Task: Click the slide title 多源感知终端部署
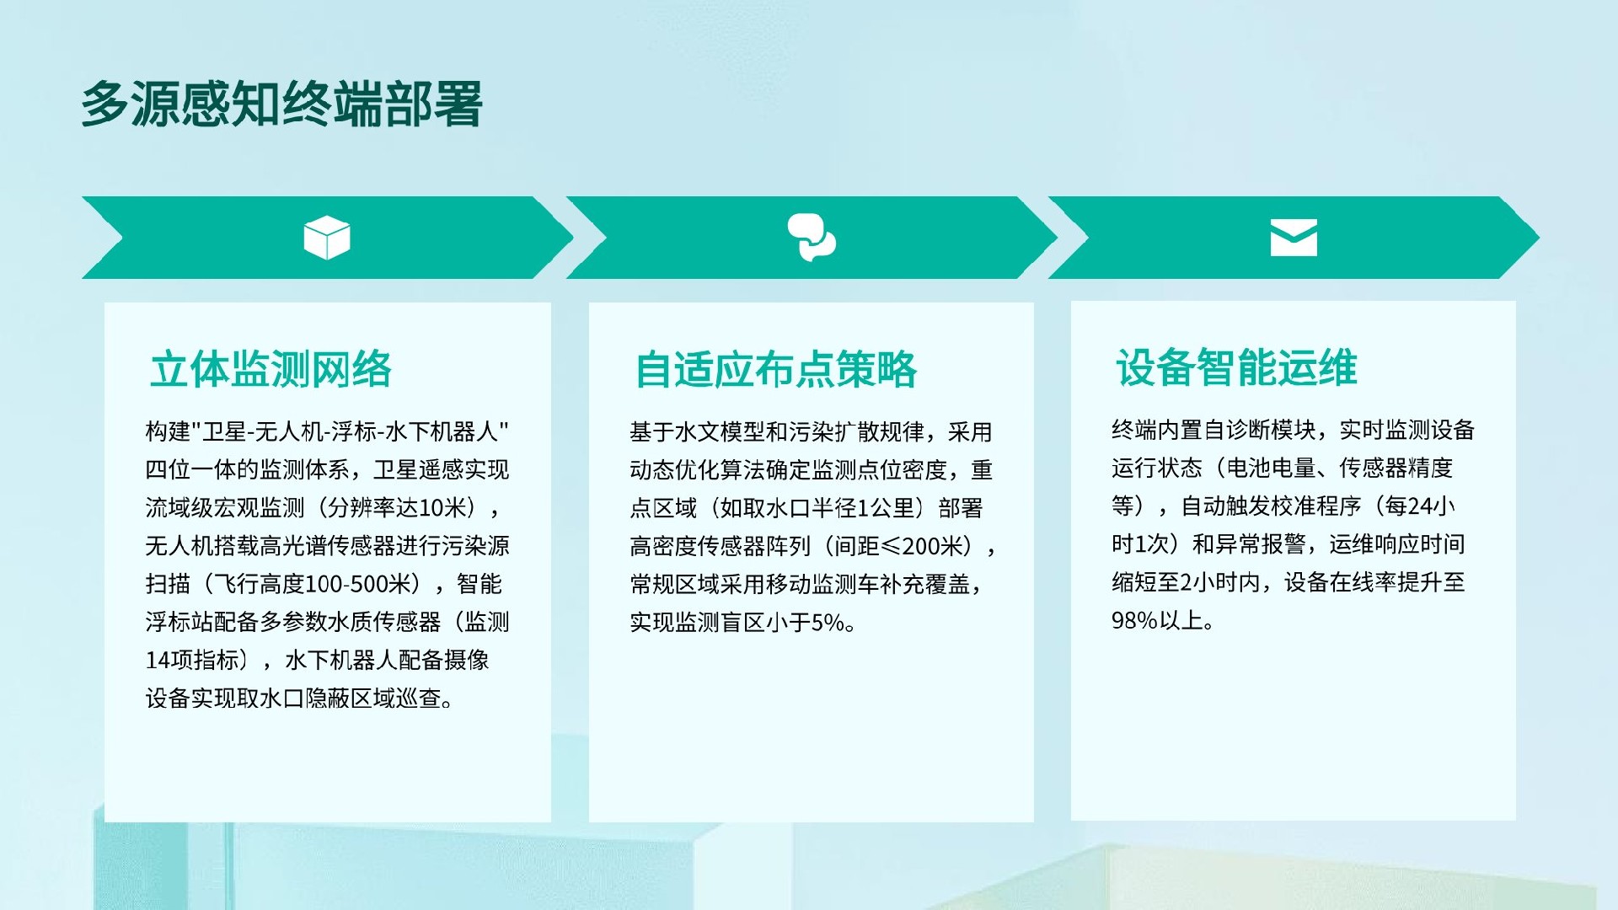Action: pos(281,104)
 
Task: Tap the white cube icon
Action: pos(327,238)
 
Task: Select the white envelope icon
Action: pos(1294,238)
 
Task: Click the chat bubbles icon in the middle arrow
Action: pos(811,237)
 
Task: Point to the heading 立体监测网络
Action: pos(271,369)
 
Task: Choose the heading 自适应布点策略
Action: pos(775,369)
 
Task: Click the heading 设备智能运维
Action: pos(1236,367)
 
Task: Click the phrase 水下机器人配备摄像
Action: pos(387,660)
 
